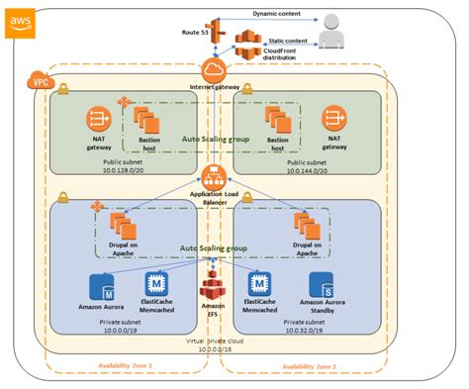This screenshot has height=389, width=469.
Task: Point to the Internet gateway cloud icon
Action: (215, 71)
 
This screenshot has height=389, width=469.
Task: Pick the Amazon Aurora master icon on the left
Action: (105, 287)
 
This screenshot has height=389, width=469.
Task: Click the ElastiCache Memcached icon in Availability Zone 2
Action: (260, 285)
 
